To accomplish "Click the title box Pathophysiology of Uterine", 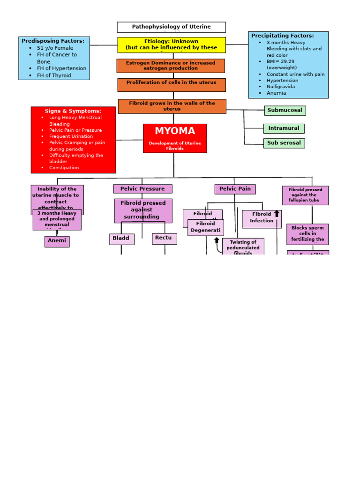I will [x=171, y=27].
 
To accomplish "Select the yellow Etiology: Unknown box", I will [x=171, y=45].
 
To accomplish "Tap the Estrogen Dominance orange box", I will [x=171, y=66].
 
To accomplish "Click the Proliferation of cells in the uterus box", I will [x=171, y=84].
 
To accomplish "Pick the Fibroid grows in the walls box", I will [x=172, y=106].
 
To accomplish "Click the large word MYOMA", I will [x=175, y=131].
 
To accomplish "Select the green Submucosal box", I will [x=285, y=110].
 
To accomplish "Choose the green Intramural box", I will [x=284, y=128].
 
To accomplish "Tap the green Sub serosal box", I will [x=284, y=143].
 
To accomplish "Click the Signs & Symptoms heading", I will [x=73, y=111].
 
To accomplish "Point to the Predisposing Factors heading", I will [x=53, y=41].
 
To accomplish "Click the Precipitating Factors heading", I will [x=283, y=36].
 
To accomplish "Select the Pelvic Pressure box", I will [x=142, y=189].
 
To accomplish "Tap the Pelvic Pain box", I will [x=235, y=189].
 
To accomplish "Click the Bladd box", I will [x=121, y=239].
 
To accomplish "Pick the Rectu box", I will [x=164, y=238].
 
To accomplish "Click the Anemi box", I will [x=57, y=241].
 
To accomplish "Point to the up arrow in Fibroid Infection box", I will [x=277, y=214].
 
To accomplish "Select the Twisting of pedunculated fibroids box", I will [x=243, y=247].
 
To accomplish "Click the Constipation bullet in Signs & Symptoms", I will [x=64, y=168].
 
